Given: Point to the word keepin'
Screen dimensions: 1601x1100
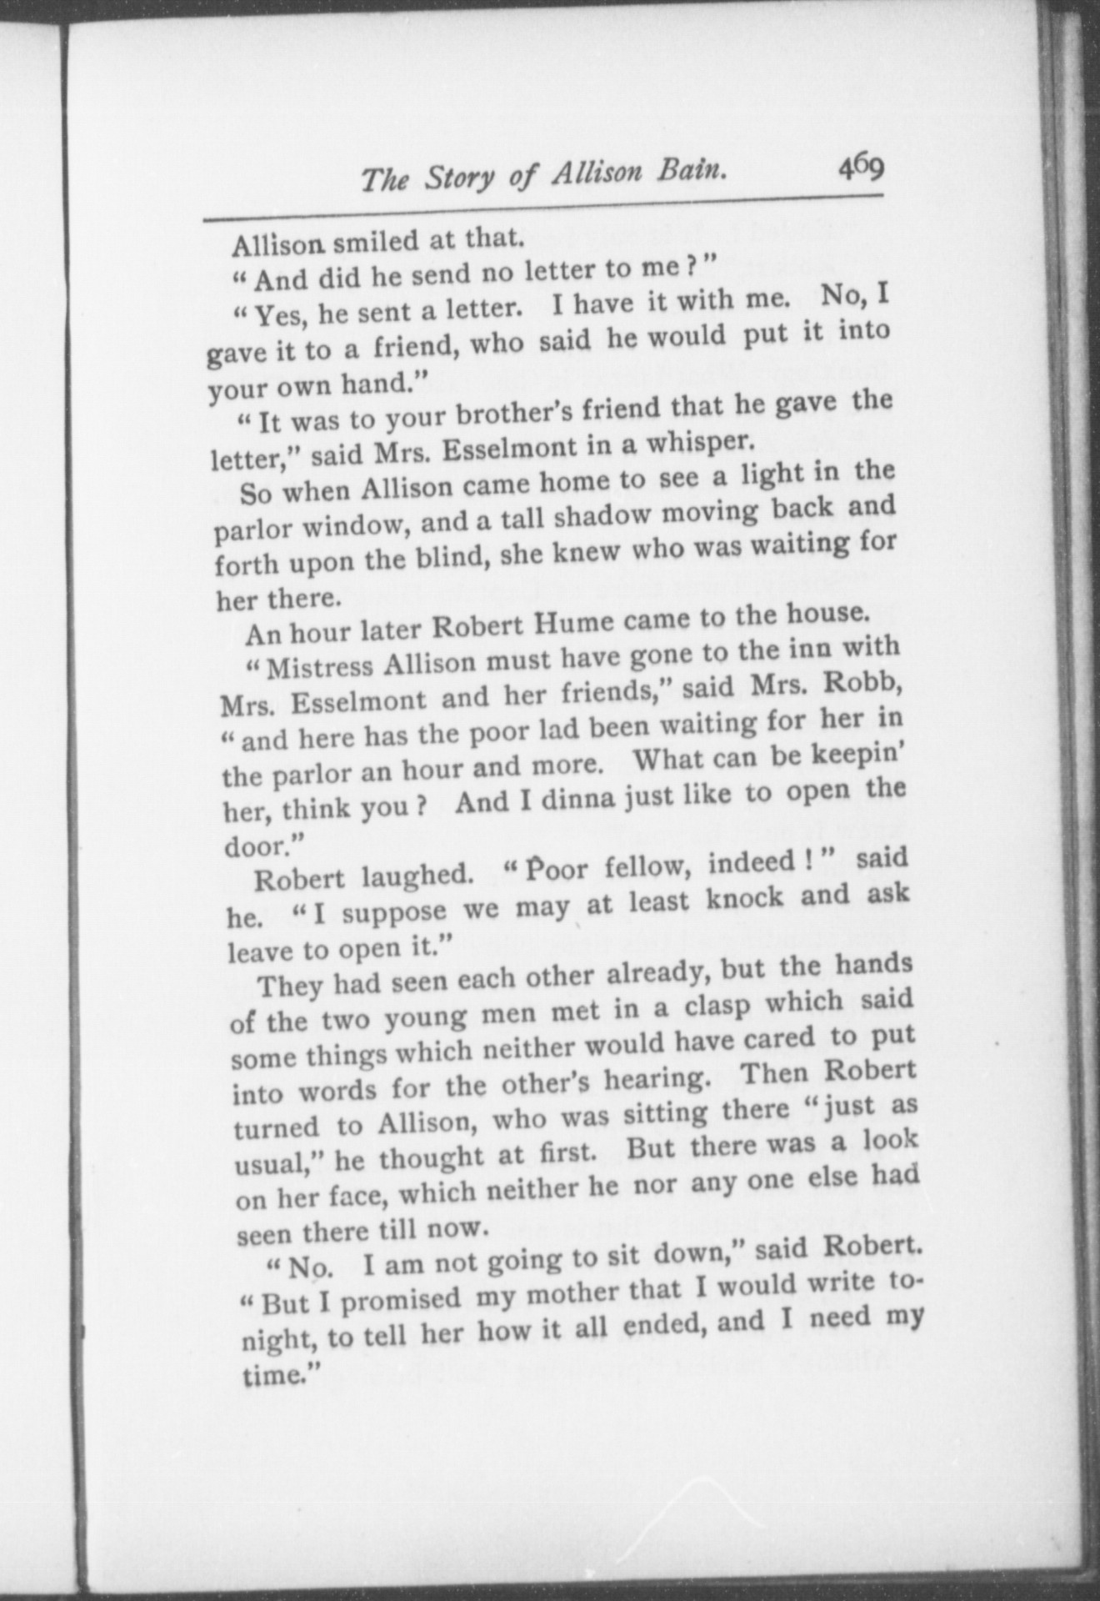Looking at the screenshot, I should click(x=859, y=754).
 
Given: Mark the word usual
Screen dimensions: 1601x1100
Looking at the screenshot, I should click(x=272, y=1164).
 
